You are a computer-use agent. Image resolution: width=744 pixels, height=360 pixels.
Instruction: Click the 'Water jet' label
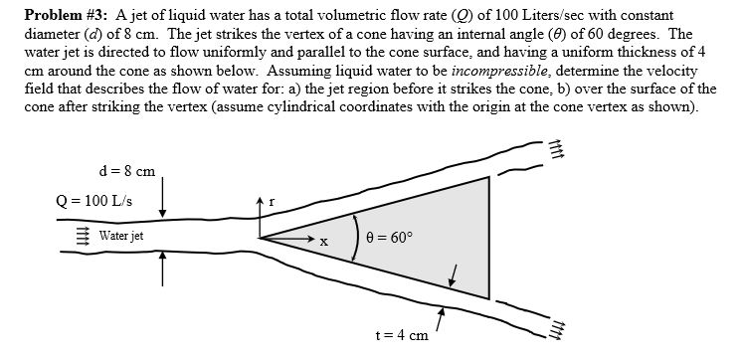122,236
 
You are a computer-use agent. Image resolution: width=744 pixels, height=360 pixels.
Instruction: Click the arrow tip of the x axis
309,239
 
